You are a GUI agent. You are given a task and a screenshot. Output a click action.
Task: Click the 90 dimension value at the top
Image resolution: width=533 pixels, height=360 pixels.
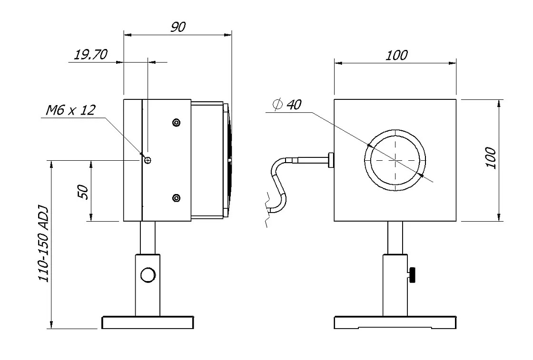[178, 27]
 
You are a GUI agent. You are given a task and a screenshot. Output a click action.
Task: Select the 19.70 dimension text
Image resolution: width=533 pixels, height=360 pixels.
[90, 55]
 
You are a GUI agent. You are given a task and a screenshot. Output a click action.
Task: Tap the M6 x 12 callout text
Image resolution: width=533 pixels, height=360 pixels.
[70, 110]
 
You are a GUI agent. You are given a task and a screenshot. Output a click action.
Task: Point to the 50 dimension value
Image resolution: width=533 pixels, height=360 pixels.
[82, 192]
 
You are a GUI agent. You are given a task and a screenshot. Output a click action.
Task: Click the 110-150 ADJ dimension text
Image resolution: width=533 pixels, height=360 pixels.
[44, 244]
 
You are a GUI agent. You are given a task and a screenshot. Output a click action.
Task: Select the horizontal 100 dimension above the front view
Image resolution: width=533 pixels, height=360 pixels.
[396, 55]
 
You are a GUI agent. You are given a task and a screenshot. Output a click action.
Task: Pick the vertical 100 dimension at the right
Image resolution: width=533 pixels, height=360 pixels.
[491, 158]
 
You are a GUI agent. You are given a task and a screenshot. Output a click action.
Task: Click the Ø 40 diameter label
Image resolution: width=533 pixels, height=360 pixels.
[288, 105]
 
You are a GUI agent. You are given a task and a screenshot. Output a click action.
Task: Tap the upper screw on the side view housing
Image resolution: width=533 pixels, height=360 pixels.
[177, 123]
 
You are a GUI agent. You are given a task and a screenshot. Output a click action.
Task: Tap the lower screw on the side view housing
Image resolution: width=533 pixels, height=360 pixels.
[177, 197]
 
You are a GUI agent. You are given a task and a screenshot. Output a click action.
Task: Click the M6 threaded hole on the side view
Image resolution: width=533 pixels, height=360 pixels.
[148, 160]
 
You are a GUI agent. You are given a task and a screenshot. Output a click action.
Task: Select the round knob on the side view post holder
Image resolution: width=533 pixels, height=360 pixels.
[148, 275]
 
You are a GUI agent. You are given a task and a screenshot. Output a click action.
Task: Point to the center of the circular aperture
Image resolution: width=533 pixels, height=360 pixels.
[395, 161]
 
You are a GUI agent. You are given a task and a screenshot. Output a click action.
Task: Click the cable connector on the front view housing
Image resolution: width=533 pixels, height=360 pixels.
[330, 160]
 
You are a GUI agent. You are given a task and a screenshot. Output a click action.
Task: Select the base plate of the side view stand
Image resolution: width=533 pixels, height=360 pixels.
[148, 323]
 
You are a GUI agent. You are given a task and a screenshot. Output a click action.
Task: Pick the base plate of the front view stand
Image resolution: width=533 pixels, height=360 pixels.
[395, 323]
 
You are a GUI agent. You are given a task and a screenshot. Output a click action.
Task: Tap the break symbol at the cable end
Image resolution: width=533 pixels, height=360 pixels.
[267, 209]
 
